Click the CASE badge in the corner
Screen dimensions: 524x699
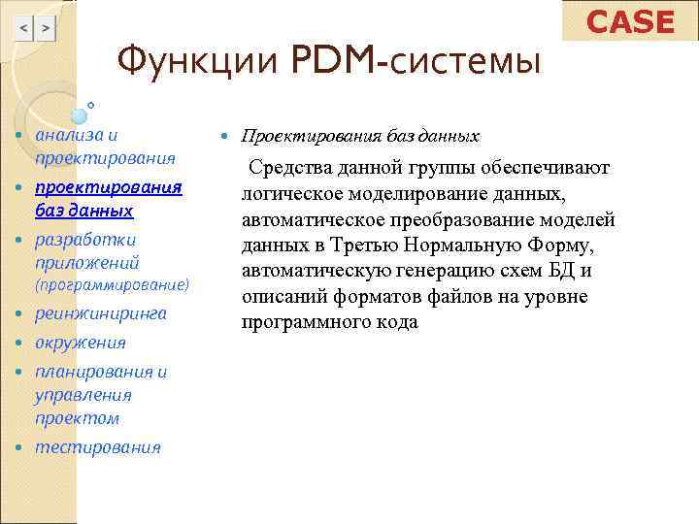coord(630,21)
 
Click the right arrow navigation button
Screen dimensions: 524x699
coord(46,29)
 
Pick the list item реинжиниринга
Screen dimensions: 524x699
coord(101,313)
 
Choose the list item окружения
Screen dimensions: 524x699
coord(81,343)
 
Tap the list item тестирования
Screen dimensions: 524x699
coord(98,447)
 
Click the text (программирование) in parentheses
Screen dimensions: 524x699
coord(112,286)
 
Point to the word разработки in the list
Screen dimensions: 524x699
coord(85,240)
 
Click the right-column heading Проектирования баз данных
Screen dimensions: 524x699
coord(360,137)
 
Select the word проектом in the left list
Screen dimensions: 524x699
coord(77,418)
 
